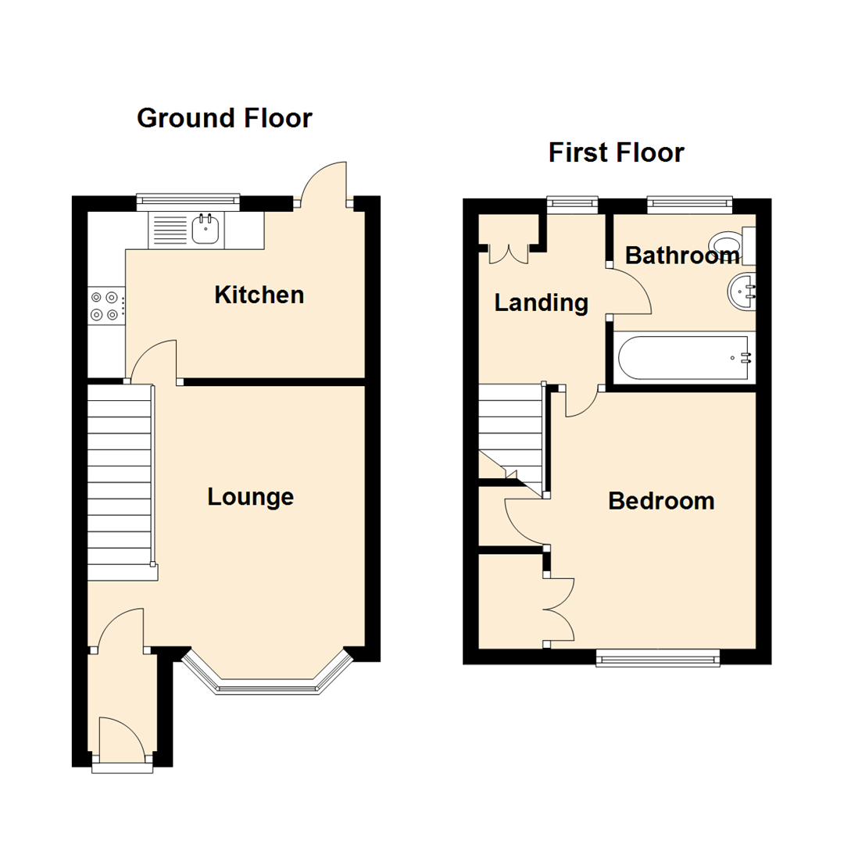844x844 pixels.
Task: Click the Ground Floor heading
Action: click(224, 118)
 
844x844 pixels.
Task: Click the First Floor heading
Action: click(616, 152)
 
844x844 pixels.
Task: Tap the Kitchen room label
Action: click(259, 295)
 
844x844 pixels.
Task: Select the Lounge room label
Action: click(250, 496)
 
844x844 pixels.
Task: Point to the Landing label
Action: click(541, 302)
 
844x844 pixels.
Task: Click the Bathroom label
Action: click(681, 256)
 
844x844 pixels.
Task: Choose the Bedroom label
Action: click(661, 501)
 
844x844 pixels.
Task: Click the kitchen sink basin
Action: click(206, 228)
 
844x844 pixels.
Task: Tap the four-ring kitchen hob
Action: click(105, 306)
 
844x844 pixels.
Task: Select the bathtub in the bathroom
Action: click(684, 359)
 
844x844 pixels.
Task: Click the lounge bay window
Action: click(267, 680)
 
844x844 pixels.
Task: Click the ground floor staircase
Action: click(119, 481)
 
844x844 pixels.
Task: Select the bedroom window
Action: click(657, 660)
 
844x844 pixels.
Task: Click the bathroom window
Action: click(689, 205)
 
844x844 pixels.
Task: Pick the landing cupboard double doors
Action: click(509, 253)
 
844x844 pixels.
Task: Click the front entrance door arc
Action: click(122, 738)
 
